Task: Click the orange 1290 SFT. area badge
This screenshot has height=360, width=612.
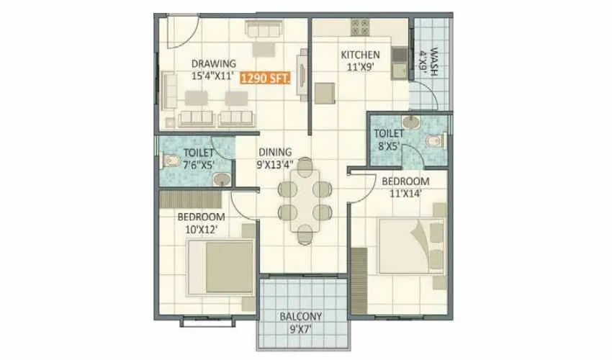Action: pos(264,78)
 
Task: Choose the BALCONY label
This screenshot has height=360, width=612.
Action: pos(300,315)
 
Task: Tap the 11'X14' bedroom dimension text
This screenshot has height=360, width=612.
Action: pos(405,193)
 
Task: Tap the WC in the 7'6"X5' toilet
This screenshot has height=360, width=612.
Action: pos(171,160)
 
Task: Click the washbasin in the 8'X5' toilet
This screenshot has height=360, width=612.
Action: pos(410,122)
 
